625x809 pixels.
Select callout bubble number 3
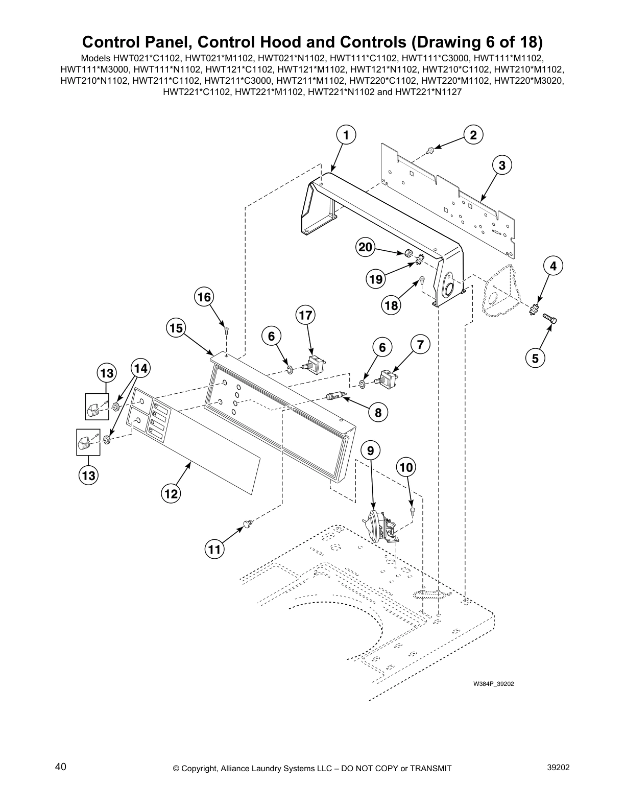(502, 165)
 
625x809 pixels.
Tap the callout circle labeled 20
(365, 248)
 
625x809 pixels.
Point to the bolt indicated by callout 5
(549, 319)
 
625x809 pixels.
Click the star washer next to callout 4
(535, 309)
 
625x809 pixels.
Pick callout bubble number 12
(171, 493)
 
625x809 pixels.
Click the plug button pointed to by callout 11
(248, 523)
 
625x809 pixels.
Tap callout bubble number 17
(305, 315)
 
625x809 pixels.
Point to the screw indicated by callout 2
(430, 150)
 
